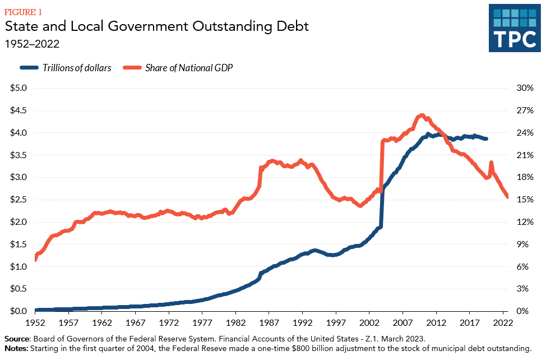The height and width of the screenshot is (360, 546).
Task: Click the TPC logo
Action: click(514, 28)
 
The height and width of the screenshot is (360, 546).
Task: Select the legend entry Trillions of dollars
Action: click(77, 68)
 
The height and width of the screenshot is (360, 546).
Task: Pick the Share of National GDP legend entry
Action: click(189, 68)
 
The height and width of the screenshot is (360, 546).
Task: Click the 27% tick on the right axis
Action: click(524, 110)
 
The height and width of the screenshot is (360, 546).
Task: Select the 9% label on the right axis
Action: click(522, 244)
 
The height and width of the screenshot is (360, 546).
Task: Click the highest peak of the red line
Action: click(422, 116)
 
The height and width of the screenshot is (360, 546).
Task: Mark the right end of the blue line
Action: click(486, 139)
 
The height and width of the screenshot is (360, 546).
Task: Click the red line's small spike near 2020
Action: click(491, 163)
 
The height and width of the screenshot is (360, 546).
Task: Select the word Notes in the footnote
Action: click(16, 349)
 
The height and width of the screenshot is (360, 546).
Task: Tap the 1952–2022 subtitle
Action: click(33, 44)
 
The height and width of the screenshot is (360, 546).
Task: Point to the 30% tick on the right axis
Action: click(524, 88)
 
